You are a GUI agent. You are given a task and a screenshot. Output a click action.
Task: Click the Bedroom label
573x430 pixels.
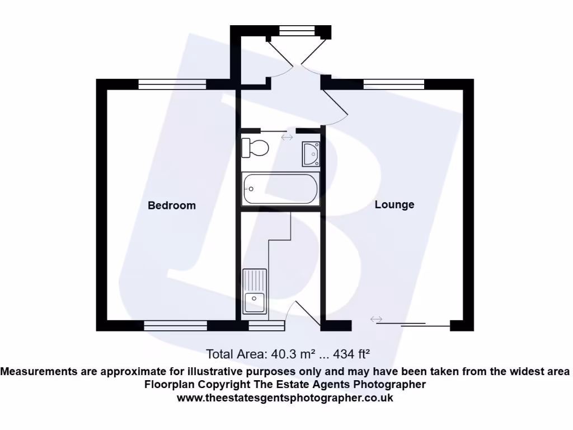click(x=172, y=205)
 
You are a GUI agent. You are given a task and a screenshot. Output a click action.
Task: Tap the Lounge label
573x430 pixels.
click(x=394, y=205)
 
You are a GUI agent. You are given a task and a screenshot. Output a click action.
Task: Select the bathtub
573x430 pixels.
click(x=280, y=189)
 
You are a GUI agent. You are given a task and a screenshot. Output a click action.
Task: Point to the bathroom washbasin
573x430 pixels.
click(x=311, y=154)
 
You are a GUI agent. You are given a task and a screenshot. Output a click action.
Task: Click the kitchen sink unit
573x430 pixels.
click(x=255, y=291)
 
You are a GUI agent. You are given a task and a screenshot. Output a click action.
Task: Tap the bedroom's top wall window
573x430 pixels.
click(x=172, y=85)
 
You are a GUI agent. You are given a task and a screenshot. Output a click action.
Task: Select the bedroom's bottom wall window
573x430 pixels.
click(x=175, y=325)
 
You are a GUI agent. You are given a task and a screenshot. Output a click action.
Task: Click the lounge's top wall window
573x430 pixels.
click(x=394, y=85)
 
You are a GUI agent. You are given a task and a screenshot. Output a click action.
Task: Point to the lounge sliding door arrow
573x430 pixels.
click(x=376, y=319)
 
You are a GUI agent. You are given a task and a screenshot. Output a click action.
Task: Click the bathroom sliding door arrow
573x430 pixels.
click(x=287, y=137)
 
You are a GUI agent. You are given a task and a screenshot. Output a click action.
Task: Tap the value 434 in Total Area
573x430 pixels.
click(x=344, y=354)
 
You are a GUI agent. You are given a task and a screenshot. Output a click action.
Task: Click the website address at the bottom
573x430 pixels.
click(x=285, y=398)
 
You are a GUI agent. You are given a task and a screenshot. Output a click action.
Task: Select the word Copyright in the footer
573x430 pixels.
click(x=224, y=385)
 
